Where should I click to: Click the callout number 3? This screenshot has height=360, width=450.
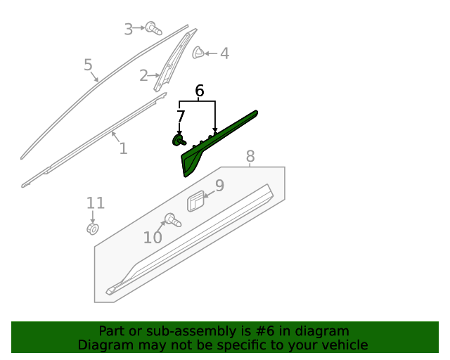pyautogui.click(x=128, y=29)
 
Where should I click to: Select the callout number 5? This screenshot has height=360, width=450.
pyautogui.click(x=88, y=65)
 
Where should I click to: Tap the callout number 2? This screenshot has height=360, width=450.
pyautogui.click(x=143, y=75)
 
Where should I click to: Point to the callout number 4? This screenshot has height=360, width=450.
pyautogui.click(x=224, y=53)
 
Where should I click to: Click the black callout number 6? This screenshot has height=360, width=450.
pyautogui.click(x=199, y=91)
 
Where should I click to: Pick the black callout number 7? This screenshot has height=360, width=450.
pyautogui.click(x=181, y=116)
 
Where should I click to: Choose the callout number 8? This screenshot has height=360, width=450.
pyautogui.click(x=250, y=157)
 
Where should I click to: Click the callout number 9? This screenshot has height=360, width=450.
pyautogui.click(x=219, y=186)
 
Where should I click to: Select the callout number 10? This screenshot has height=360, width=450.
pyautogui.click(x=153, y=238)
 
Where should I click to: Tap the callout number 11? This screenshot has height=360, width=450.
pyautogui.click(x=96, y=204)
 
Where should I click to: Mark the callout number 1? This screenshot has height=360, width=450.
pyautogui.click(x=123, y=148)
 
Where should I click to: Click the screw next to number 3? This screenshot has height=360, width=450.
pyautogui.click(x=153, y=29)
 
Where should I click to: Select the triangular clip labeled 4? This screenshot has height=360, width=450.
pyautogui.click(x=198, y=53)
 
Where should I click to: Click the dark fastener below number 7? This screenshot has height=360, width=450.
pyautogui.click(x=179, y=140)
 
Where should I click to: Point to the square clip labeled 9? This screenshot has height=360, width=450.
pyautogui.click(x=195, y=200)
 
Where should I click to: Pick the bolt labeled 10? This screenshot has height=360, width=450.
pyautogui.click(x=172, y=220)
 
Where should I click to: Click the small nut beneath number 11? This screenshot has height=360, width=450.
pyautogui.click(x=92, y=229)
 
